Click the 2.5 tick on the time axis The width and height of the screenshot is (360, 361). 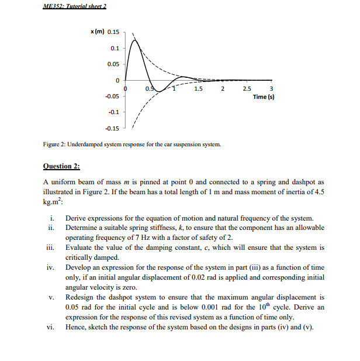click(246, 89)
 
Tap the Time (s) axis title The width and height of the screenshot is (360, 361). click(264, 97)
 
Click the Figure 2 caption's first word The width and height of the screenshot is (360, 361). click(53, 143)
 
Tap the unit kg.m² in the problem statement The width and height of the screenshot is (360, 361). click(57, 201)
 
